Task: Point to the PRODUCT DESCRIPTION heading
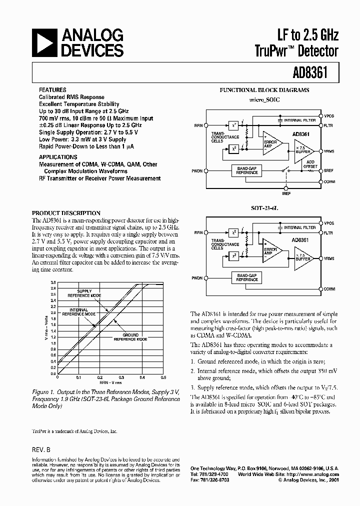tap(66, 213)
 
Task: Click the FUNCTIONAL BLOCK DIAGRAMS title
tap(264, 90)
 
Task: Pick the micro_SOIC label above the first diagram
tap(264, 100)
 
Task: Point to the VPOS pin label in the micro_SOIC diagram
tap(329, 115)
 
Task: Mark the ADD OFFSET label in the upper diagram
tap(310, 164)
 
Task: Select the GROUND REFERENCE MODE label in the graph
tap(130, 336)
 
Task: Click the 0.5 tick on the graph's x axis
tap(163, 378)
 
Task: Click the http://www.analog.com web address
tap(319, 474)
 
